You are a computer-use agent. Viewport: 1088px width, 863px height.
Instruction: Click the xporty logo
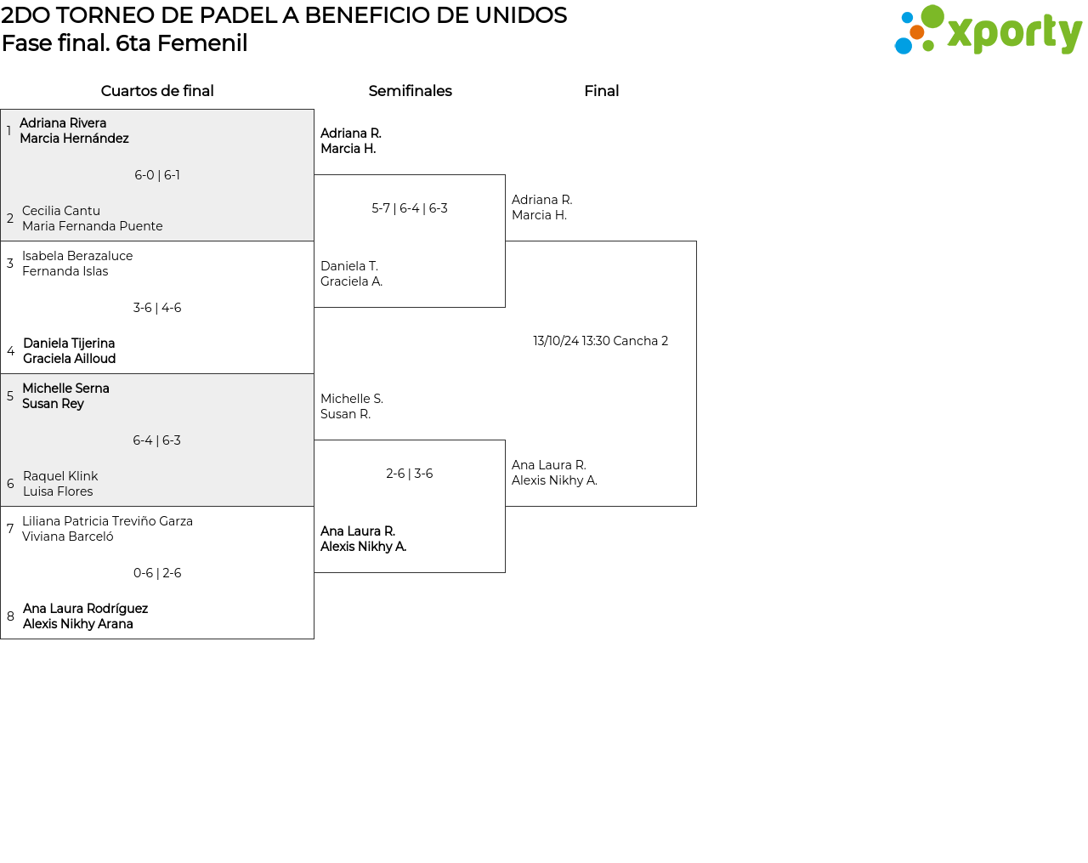988,30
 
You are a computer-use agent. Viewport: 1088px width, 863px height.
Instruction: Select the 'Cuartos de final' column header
157,91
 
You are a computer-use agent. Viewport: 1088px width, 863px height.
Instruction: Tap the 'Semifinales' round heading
410,91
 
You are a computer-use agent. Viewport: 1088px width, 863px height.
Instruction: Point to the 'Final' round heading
601,91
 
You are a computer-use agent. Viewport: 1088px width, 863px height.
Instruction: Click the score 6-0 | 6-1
157,175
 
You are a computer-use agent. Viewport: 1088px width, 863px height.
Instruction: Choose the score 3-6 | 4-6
157,308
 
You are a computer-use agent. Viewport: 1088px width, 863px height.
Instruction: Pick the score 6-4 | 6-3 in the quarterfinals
156,440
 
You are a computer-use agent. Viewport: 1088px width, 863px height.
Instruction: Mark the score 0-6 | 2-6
157,572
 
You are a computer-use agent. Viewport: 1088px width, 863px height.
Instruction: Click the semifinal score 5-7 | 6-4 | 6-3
410,208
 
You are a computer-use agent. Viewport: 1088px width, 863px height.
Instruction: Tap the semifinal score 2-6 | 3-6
410,474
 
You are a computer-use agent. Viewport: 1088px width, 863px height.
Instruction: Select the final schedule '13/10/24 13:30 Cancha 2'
601,341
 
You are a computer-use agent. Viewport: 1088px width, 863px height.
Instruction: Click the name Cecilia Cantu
61,211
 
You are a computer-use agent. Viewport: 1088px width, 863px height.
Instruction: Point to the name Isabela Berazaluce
77,255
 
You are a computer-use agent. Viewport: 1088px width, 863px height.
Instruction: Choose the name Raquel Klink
60,476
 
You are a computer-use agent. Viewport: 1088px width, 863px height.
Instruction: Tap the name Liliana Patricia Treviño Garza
107,521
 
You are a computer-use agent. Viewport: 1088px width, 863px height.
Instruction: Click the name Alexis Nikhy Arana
78,624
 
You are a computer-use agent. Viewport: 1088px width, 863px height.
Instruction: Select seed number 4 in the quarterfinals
10,351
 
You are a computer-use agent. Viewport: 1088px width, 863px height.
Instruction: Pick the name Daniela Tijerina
69,343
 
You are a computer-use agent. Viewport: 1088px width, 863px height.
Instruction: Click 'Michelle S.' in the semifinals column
352,399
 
